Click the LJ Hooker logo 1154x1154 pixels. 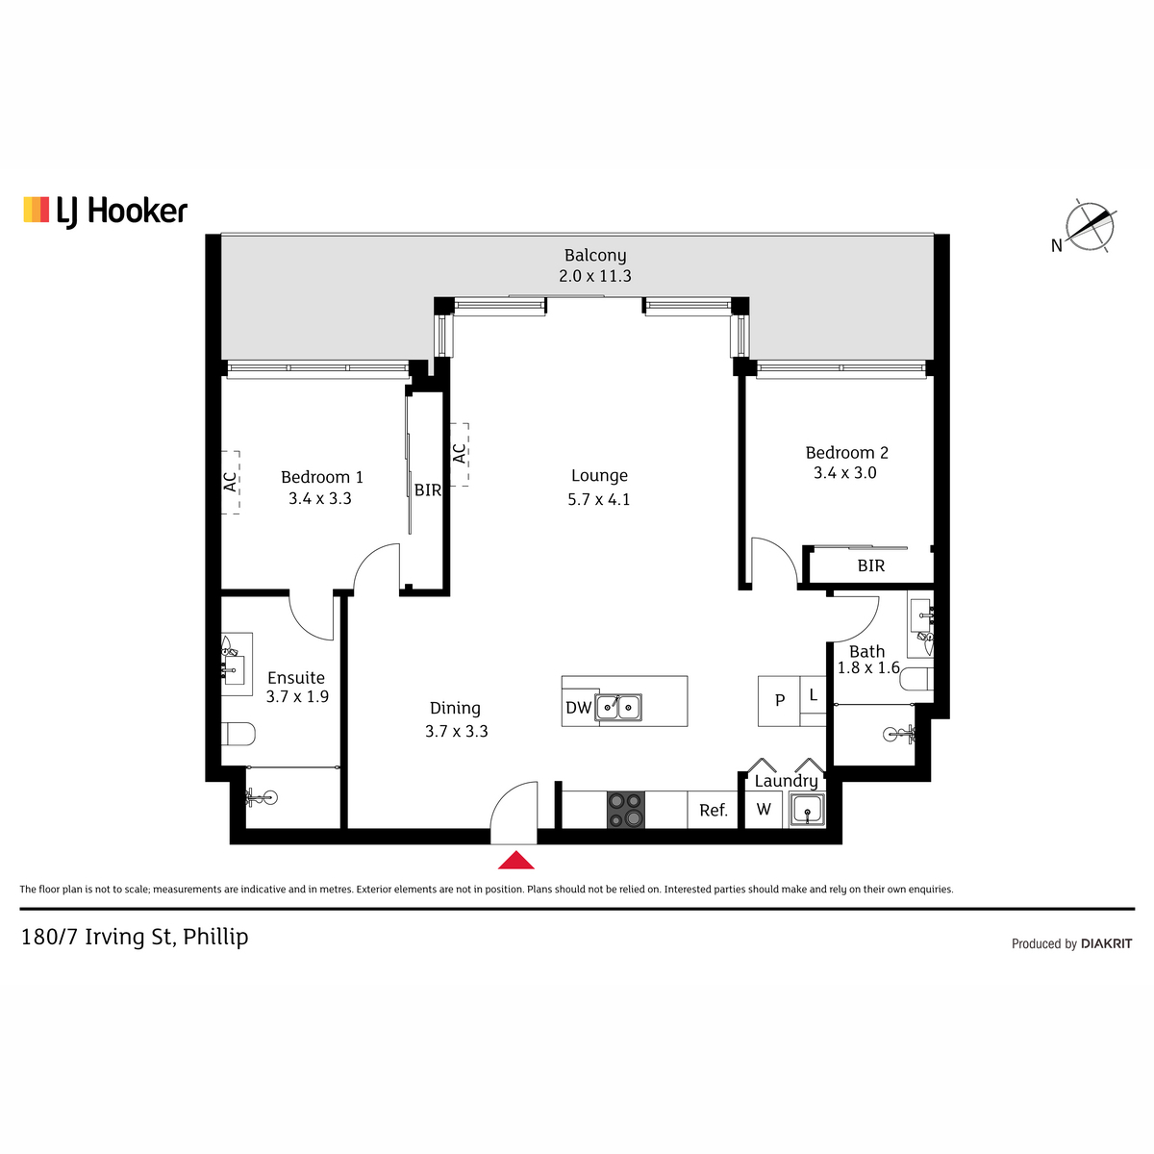pos(106,212)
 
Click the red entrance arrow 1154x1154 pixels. pos(515,860)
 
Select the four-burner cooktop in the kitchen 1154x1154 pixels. pos(626,811)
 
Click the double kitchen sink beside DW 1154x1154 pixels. pos(620,708)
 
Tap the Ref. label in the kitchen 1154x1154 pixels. pos(714,811)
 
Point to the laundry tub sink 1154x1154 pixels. pos(807,811)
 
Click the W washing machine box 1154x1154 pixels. pos(764,810)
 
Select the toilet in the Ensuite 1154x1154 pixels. pos(238,734)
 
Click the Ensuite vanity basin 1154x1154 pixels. pos(235,665)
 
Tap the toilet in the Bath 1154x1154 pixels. pos(916,679)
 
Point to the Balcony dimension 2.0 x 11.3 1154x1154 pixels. pos(594,276)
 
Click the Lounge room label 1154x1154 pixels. pos(599,475)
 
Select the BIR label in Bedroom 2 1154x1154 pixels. pos(870,565)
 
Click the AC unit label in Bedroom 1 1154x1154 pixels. pos(231,482)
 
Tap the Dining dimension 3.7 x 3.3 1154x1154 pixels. pos(457,731)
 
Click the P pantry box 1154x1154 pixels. pos(779,701)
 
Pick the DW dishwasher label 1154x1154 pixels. pos(579,708)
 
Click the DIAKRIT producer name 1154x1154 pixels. pos(1106,944)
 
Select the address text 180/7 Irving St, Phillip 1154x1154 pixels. pos(135,938)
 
